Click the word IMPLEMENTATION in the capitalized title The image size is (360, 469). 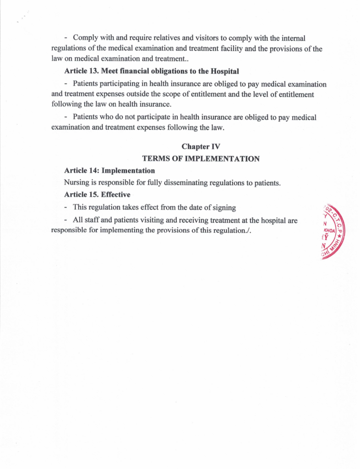(222, 159)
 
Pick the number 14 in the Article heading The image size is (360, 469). (93, 170)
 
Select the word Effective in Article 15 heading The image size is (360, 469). (115, 195)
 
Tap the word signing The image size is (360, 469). (224, 207)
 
